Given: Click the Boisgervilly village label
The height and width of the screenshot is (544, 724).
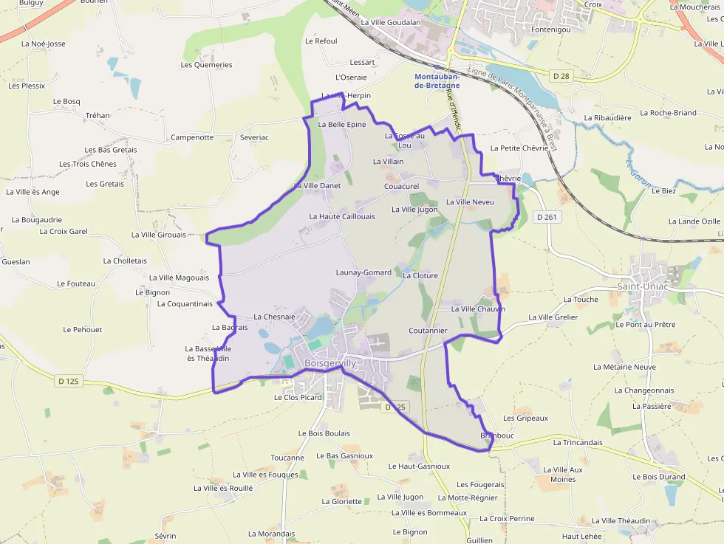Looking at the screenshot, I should click(329, 363).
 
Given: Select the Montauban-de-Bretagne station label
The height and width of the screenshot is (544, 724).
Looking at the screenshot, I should click(437, 80).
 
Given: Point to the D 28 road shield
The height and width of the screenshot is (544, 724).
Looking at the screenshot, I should click(561, 75).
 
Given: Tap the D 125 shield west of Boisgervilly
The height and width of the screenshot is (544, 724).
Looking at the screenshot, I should click(67, 381).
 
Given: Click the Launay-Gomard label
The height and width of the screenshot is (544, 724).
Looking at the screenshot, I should click(363, 272).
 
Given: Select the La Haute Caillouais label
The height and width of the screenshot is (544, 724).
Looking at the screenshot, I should click(342, 216).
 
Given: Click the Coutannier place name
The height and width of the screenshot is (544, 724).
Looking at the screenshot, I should click(428, 331).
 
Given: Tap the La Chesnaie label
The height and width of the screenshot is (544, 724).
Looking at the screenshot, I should click(274, 317).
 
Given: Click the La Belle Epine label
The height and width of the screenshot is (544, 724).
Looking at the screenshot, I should click(341, 125).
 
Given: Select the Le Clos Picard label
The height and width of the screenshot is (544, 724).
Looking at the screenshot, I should click(298, 397).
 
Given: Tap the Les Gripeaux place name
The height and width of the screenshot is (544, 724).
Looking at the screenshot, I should click(525, 418).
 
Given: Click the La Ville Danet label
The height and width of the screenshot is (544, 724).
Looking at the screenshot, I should click(318, 185).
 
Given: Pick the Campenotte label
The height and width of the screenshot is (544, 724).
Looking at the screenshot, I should click(192, 137).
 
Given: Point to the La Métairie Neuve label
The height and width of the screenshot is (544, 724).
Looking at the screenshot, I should click(624, 366).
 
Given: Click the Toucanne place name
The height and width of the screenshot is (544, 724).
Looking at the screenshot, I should click(287, 458).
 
